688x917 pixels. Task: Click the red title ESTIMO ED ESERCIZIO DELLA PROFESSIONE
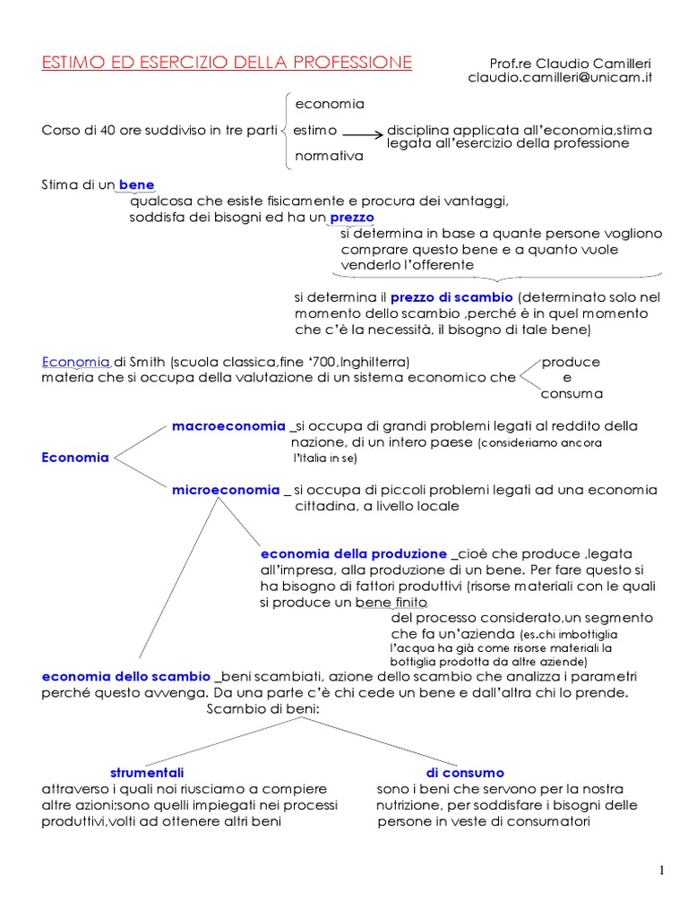(227, 62)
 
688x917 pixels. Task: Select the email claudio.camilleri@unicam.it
(560, 78)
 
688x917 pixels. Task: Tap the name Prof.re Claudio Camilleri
(571, 64)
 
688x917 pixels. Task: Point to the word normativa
(330, 156)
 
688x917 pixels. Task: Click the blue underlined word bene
(137, 184)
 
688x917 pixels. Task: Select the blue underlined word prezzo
(352, 217)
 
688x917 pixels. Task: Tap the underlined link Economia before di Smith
(76, 362)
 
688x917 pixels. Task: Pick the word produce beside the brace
(571, 362)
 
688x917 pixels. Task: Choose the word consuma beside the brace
(572, 393)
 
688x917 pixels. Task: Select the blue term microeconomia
(226, 490)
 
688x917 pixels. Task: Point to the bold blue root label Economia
(75, 458)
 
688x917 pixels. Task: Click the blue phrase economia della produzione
(353, 553)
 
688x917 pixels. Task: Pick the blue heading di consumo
(465, 772)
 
